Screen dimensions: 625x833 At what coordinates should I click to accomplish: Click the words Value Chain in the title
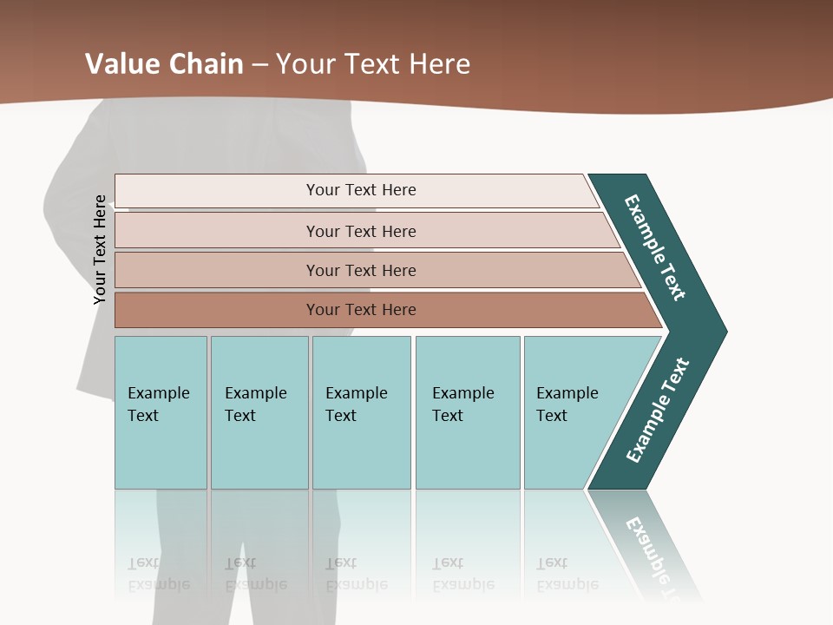(164, 63)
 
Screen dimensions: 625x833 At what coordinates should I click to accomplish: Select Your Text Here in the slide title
(373, 63)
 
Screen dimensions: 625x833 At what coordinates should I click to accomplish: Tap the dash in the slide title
(259, 64)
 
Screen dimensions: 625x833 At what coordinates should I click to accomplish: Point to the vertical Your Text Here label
(100, 250)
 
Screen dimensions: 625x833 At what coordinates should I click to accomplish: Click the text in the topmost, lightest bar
(361, 190)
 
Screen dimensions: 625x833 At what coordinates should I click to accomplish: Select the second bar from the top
(361, 231)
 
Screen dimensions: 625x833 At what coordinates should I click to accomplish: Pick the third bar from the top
(361, 270)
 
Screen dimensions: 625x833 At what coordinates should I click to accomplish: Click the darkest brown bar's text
(361, 310)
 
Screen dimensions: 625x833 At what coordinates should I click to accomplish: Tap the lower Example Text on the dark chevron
(658, 411)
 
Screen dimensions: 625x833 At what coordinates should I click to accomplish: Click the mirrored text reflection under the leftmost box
(159, 575)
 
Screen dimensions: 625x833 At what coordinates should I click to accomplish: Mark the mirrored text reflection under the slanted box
(567, 575)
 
